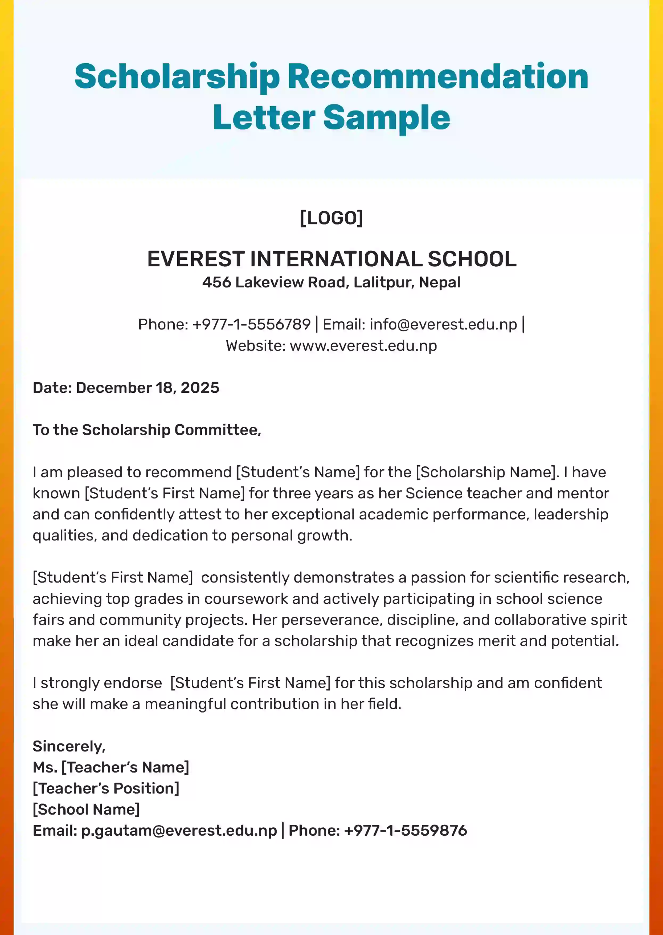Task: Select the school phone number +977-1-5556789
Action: (251, 324)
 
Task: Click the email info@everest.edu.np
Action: (443, 324)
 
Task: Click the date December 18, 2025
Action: (148, 388)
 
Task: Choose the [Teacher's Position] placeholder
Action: (106, 788)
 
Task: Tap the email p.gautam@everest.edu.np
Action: (179, 830)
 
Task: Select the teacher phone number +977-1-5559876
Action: (406, 830)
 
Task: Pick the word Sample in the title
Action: (386, 118)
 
